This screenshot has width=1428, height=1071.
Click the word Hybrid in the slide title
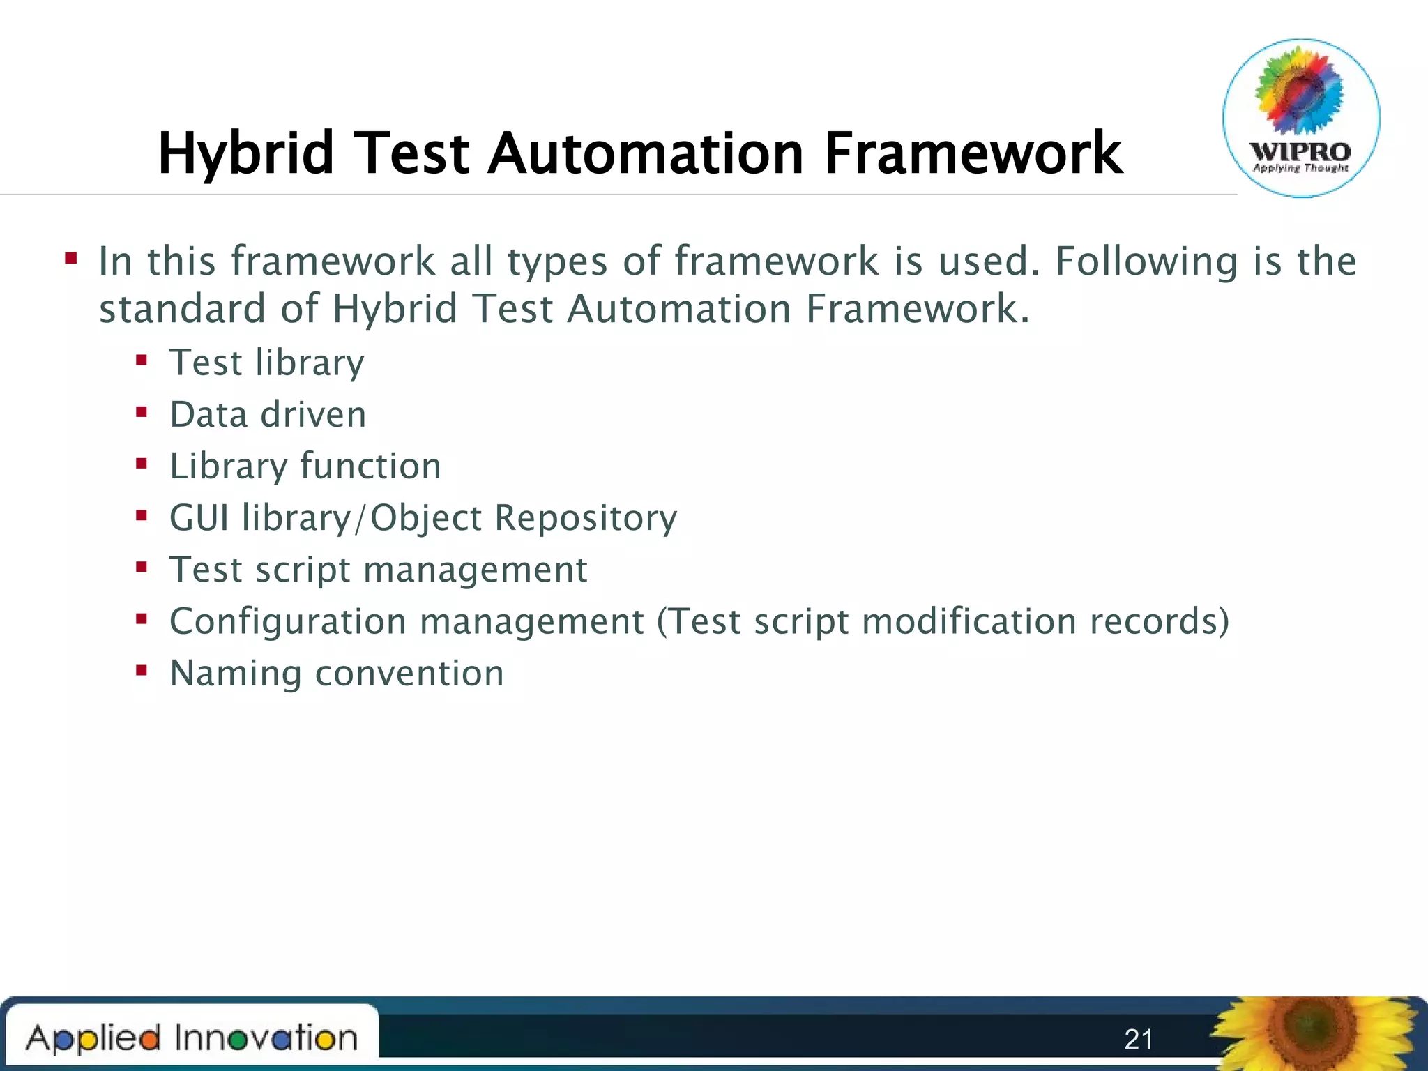(x=245, y=153)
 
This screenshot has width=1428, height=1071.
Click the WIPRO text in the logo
(x=1300, y=151)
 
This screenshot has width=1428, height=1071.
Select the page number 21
(x=1139, y=1040)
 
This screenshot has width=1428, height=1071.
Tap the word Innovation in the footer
(x=266, y=1038)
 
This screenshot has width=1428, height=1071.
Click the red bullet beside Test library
(x=142, y=360)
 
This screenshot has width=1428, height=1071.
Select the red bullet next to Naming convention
(x=142, y=671)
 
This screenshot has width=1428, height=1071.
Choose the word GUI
(x=199, y=518)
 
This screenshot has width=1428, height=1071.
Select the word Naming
(x=235, y=674)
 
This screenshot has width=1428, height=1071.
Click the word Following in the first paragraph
(x=1146, y=261)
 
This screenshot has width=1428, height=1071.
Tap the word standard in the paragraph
(x=182, y=309)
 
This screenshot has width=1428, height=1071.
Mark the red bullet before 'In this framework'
(x=70, y=259)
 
